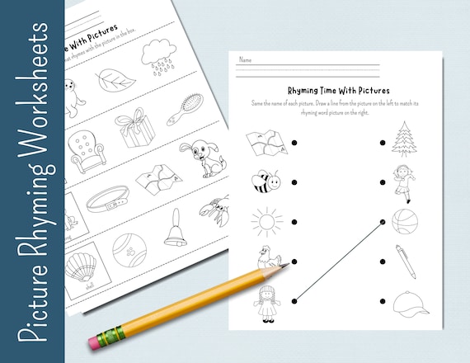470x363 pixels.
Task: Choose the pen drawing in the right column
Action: click(405, 260)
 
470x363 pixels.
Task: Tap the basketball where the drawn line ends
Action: click(403, 221)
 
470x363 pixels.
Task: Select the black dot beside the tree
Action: click(382, 144)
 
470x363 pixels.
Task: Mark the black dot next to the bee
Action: click(294, 183)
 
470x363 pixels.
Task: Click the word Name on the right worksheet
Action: click(245, 59)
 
